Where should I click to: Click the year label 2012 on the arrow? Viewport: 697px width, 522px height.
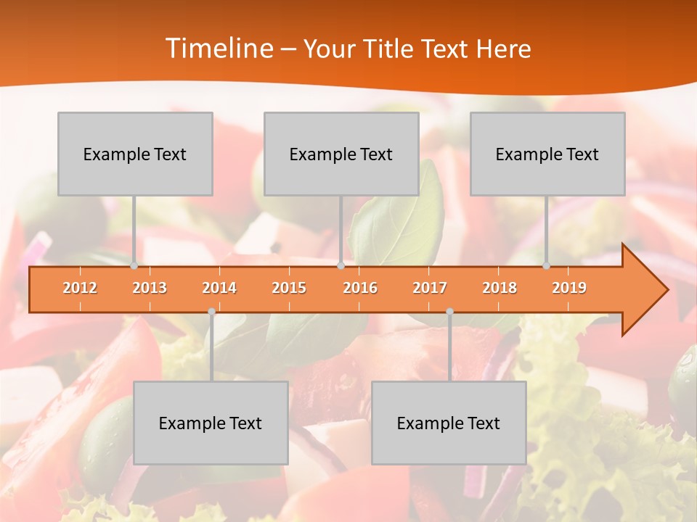point(80,288)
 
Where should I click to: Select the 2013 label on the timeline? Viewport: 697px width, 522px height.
point(150,288)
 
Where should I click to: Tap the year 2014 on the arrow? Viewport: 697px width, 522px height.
point(219,288)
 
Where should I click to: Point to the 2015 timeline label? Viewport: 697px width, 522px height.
point(289,288)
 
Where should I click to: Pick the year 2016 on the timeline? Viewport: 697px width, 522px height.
point(360,288)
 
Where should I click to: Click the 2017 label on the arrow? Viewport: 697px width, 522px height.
point(430,288)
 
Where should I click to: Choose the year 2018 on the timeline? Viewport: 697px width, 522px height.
point(500,288)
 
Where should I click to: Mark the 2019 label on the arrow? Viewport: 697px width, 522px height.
point(569,288)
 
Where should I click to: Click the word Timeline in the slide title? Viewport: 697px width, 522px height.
point(218,49)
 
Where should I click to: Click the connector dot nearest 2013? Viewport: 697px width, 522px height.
point(134,266)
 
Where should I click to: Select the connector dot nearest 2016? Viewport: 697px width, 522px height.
point(341,266)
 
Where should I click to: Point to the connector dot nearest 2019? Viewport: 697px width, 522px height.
point(547,266)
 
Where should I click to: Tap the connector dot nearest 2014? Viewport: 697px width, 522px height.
point(211,311)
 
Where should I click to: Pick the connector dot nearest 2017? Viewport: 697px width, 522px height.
point(449,311)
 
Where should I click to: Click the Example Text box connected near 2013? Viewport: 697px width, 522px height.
point(135,154)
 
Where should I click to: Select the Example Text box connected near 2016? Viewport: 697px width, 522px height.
point(341,154)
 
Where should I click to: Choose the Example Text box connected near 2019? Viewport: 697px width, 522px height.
point(547,154)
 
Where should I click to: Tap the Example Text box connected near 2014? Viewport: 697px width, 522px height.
point(211,423)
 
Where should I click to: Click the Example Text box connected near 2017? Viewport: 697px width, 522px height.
point(449,423)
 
